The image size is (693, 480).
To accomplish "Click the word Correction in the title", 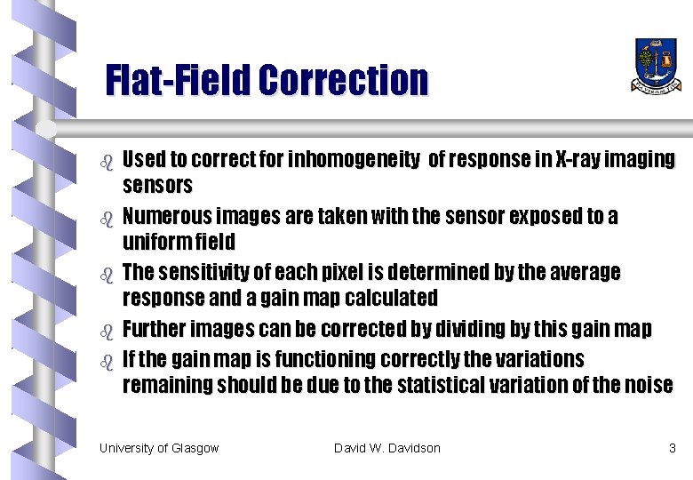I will pyautogui.click(x=344, y=80).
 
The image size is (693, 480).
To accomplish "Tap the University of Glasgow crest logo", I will pyautogui.click(x=657, y=65).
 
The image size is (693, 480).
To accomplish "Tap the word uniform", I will pyautogui.click(x=155, y=242).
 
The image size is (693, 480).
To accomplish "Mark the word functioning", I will pyautogui.click(x=324, y=359).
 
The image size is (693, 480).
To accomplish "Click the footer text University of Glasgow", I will pyautogui.click(x=159, y=448).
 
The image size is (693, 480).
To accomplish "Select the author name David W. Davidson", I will pyautogui.click(x=386, y=448).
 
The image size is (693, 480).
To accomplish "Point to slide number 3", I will pyautogui.click(x=672, y=448).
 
